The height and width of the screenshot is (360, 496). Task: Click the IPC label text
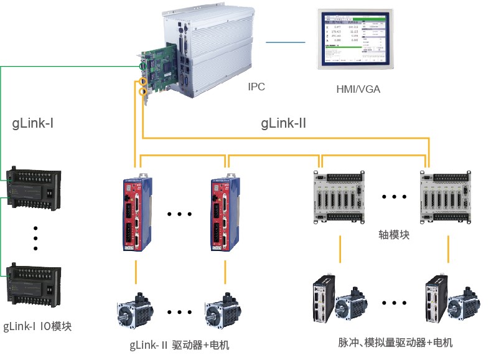[x=256, y=87]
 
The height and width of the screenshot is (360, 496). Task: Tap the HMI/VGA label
[x=358, y=89]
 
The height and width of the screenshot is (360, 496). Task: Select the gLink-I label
[x=33, y=123]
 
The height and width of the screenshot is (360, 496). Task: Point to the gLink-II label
[x=283, y=123]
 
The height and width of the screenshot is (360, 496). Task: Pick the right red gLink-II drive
[x=223, y=215]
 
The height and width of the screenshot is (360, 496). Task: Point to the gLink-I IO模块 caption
[x=37, y=326]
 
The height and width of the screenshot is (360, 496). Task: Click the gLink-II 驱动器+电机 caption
[x=179, y=344]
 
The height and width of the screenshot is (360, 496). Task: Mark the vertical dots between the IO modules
[x=35, y=237]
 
